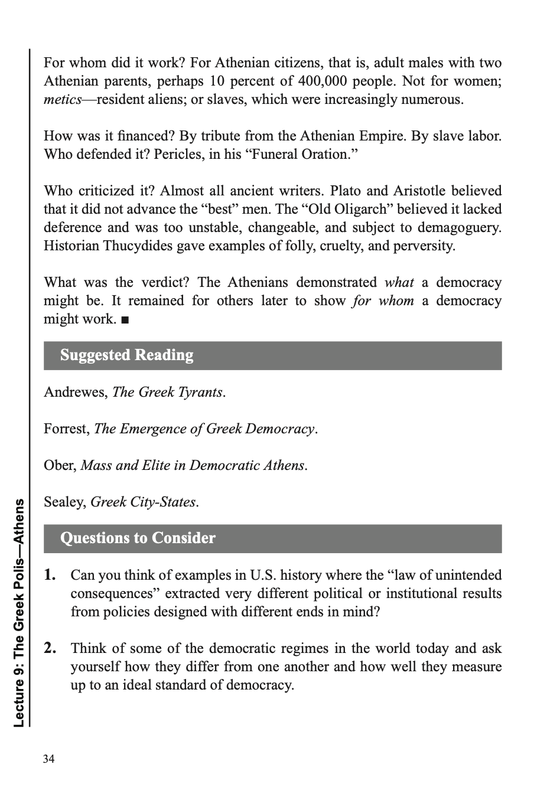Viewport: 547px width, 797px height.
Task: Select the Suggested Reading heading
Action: [x=126, y=355]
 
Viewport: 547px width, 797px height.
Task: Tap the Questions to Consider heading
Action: [x=138, y=538]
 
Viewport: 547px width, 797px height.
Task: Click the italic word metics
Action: [x=62, y=99]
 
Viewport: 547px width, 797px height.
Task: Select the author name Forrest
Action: [x=66, y=429]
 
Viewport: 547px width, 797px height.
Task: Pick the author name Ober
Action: [x=59, y=465]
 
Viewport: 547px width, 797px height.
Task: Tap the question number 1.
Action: [x=50, y=575]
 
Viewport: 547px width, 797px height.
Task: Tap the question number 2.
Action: [x=50, y=648]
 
